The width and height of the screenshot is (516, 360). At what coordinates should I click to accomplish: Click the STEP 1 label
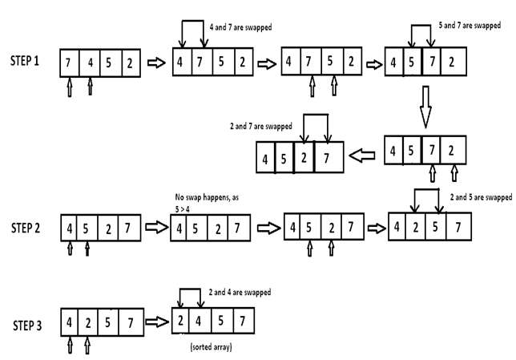(x=25, y=61)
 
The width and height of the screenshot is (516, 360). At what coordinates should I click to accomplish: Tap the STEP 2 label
(x=26, y=228)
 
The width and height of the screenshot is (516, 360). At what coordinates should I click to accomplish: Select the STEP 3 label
(x=27, y=326)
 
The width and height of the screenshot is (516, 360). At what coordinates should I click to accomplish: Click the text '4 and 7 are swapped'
(x=240, y=27)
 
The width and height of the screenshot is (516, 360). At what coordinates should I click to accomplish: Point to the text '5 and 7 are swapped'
(x=470, y=25)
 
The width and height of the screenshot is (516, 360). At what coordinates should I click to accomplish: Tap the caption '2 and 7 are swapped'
(x=261, y=126)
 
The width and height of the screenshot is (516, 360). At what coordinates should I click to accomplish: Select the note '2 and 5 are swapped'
(x=481, y=197)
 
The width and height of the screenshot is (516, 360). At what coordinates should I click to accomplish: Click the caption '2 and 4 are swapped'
(x=240, y=292)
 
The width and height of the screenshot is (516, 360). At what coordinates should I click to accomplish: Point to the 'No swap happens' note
(x=207, y=203)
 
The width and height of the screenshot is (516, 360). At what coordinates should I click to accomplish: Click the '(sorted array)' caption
(x=212, y=347)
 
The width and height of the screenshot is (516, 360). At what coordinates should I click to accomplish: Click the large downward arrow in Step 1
(x=425, y=107)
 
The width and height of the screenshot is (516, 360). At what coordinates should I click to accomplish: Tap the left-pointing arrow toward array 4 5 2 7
(x=362, y=155)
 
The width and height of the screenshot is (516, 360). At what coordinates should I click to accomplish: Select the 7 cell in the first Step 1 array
(x=70, y=63)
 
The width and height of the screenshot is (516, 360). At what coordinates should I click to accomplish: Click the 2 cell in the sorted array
(x=180, y=321)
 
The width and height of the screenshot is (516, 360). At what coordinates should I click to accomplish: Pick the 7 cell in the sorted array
(x=244, y=321)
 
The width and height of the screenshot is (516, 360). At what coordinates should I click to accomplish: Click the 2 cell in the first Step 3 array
(x=88, y=322)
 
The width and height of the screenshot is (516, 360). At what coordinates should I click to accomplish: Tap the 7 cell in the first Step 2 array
(x=129, y=228)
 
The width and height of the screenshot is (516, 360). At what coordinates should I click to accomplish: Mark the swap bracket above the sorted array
(x=190, y=289)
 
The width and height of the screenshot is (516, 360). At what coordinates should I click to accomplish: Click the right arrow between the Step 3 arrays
(x=157, y=322)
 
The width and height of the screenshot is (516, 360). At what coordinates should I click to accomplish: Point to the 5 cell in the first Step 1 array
(x=111, y=63)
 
